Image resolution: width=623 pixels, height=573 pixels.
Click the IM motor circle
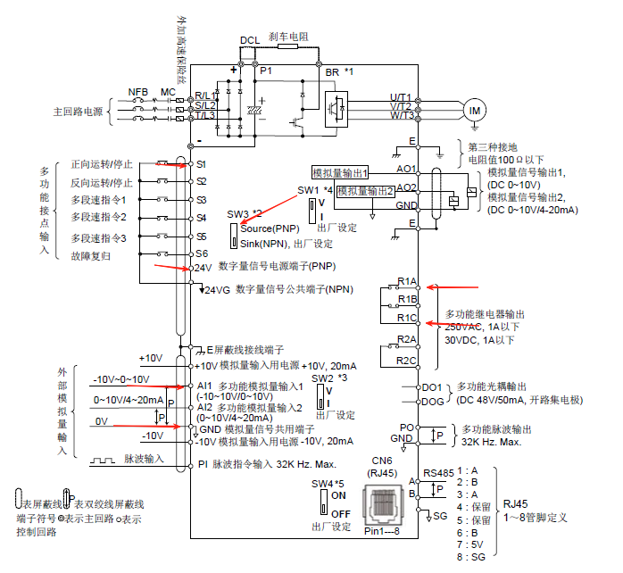coord(474,109)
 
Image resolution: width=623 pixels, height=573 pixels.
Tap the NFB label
coord(138,92)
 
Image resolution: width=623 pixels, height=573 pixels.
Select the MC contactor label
coord(168,92)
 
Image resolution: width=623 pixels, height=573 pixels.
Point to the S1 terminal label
coord(201,165)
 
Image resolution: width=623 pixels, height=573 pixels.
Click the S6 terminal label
coord(201,254)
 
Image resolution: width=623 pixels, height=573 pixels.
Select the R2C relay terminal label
coord(408,360)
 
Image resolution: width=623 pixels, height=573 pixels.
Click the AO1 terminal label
coord(407,169)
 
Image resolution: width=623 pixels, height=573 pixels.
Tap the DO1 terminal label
coord(432,387)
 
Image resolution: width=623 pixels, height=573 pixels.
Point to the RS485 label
coord(439,473)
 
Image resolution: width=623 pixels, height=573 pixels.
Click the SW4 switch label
coord(325,483)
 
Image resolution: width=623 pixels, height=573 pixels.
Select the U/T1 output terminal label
coord(401,97)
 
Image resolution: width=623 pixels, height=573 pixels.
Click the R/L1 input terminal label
coord(206,95)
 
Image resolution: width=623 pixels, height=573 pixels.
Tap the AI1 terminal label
coord(204,386)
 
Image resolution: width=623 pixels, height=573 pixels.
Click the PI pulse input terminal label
coord(203,464)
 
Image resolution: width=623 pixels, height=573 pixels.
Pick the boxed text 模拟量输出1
coord(340,172)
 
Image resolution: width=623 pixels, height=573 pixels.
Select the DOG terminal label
coord(432,402)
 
